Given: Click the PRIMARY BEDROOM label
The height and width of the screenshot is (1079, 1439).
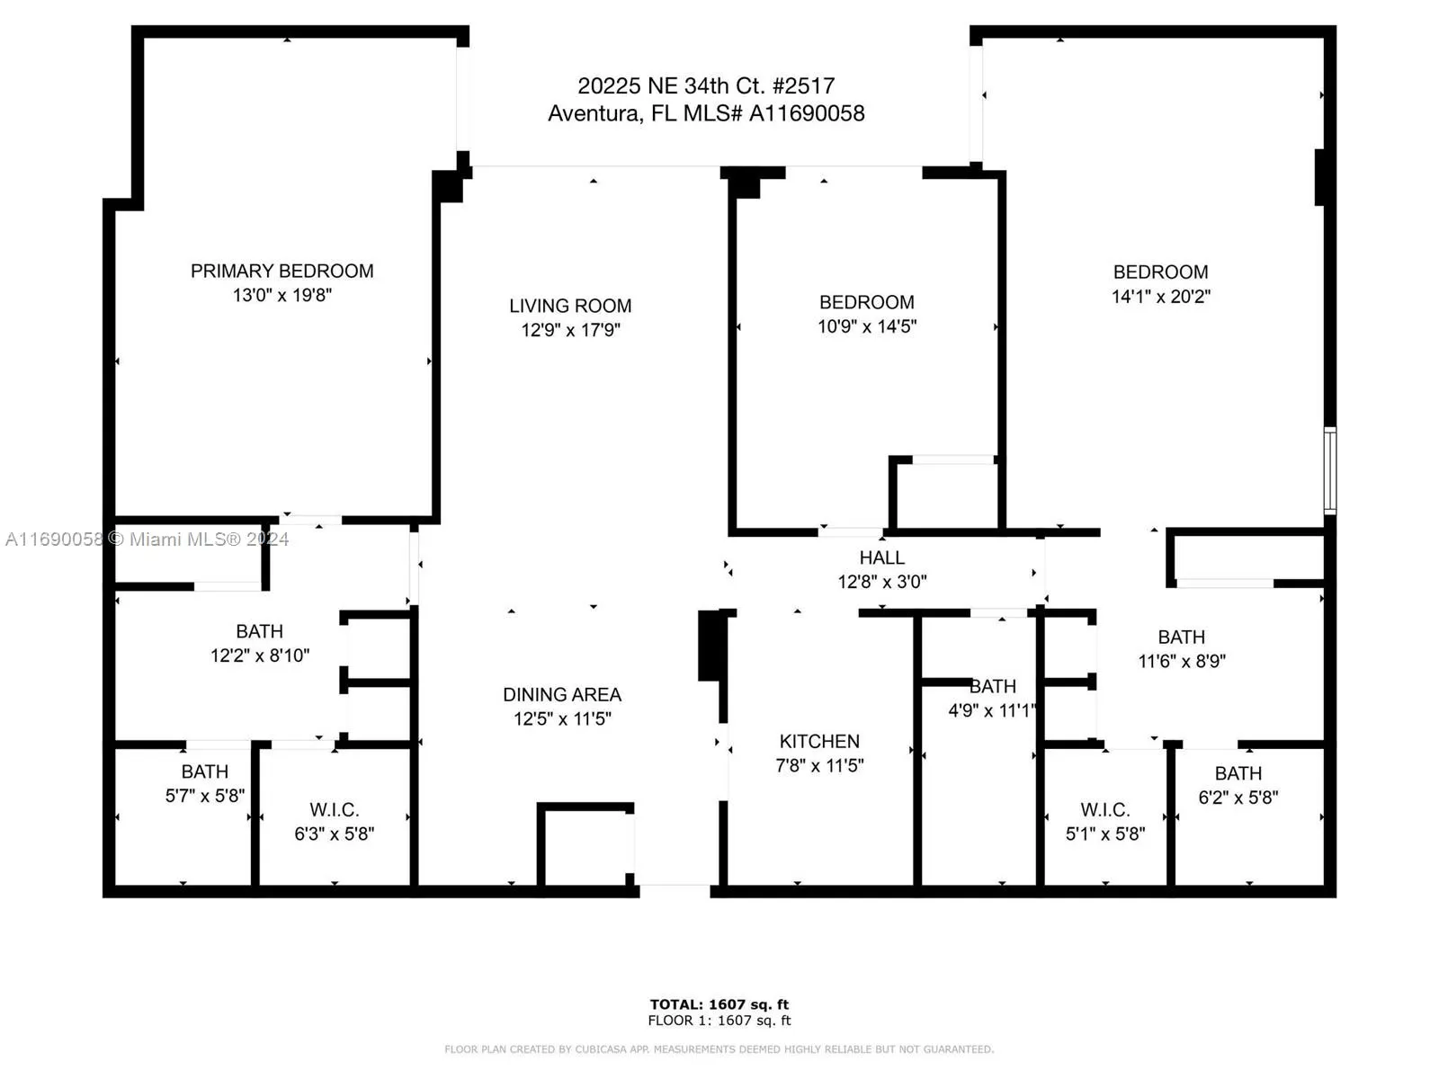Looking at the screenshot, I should [x=282, y=271].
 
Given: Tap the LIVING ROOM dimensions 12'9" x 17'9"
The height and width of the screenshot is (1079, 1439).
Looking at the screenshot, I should [x=570, y=330].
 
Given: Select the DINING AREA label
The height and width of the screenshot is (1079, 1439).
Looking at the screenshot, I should [x=561, y=694].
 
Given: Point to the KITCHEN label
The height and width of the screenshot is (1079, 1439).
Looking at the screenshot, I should [x=818, y=741].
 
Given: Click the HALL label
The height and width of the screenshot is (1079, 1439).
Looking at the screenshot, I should [x=881, y=557].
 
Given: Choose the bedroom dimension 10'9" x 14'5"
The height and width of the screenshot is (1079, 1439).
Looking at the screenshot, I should [x=866, y=326].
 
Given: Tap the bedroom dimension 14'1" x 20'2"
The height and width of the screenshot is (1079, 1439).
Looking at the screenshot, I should [x=1160, y=297].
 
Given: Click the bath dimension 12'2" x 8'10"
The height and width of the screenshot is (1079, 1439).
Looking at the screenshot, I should [x=259, y=655].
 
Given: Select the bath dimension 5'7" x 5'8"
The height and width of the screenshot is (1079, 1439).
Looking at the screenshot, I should [x=204, y=796].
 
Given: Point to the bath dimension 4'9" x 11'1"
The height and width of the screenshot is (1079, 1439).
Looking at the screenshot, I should [x=992, y=710].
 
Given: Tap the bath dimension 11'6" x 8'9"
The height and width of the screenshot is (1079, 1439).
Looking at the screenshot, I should [x=1181, y=661].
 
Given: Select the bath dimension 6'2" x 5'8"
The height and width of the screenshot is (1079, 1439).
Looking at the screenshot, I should [x=1238, y=797].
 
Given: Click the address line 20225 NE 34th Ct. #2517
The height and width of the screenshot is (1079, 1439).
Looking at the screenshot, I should [x=706, y=85].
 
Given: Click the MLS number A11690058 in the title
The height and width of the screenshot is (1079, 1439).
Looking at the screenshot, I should [x=806, y=113].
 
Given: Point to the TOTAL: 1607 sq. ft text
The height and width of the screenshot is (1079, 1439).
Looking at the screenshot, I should [x=719, y=1004].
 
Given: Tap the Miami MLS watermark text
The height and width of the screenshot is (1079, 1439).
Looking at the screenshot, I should [x=147, y=539].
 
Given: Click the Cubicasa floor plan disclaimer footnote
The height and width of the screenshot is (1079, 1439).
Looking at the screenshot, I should [x=719, y=1049].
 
